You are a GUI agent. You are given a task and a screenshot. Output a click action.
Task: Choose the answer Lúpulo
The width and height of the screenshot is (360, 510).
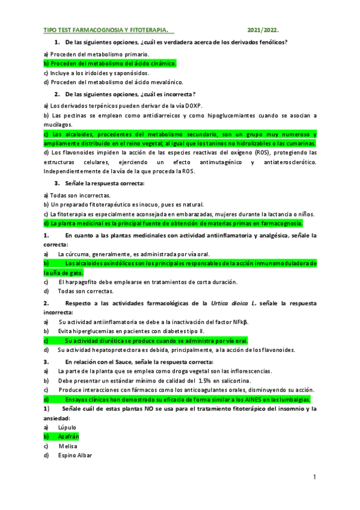68,426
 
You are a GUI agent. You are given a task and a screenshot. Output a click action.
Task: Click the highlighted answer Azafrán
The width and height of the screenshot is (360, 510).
69,436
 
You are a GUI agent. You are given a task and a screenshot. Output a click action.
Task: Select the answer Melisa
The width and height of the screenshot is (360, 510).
68,446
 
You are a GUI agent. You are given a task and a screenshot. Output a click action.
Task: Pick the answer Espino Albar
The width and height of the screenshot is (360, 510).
76,455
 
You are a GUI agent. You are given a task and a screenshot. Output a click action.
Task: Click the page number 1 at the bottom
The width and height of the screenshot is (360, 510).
314,477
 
